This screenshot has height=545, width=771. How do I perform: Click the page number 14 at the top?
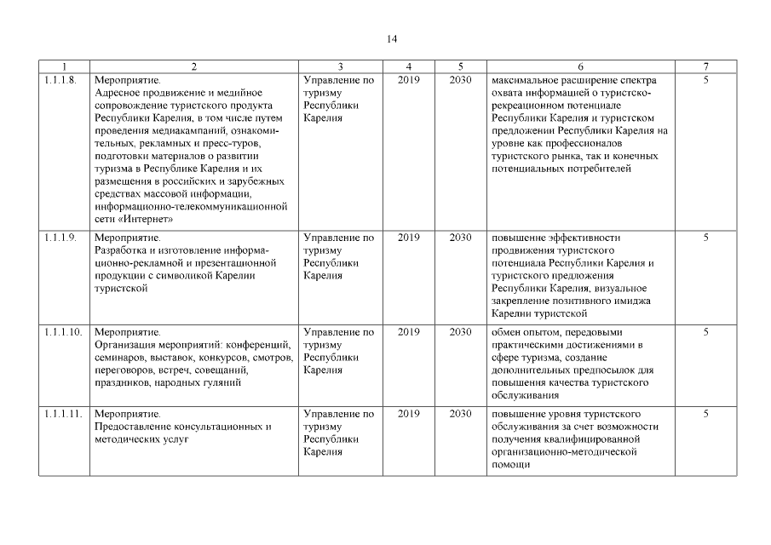pos(392,38)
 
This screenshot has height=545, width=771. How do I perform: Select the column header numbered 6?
pos(580,66)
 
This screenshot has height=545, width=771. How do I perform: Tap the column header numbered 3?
pos(340,66)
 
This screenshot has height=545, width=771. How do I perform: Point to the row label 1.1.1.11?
pos(62,414)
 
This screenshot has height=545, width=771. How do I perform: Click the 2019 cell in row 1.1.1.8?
pos(409,80)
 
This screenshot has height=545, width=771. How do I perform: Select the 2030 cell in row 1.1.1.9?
pos(460,238)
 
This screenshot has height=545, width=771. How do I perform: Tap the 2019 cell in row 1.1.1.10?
pos(409,332)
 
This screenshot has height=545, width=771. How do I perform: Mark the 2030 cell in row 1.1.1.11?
pos(460,414)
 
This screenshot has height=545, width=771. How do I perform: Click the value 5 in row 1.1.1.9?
pos(706,238)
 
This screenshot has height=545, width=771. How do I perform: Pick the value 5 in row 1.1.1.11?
pos(706,414)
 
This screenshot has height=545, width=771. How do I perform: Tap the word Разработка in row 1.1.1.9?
pos(120,250)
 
